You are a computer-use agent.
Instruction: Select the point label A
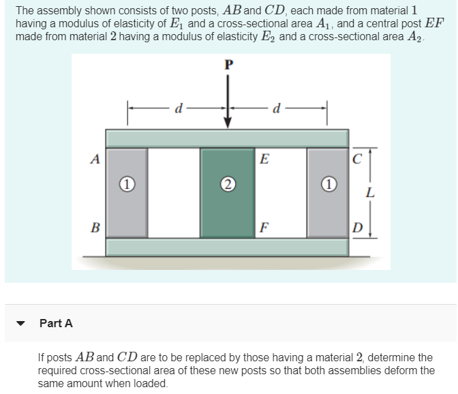click(x=95, y=160)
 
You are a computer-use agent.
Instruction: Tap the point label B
click(x=95, y=226)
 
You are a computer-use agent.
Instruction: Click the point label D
click(x=357, y=226)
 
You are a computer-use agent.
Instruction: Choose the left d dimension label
click(x=179, y=107)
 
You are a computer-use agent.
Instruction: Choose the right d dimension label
click(x=274, y=107)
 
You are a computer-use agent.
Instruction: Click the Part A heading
click(x=57, y=324)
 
